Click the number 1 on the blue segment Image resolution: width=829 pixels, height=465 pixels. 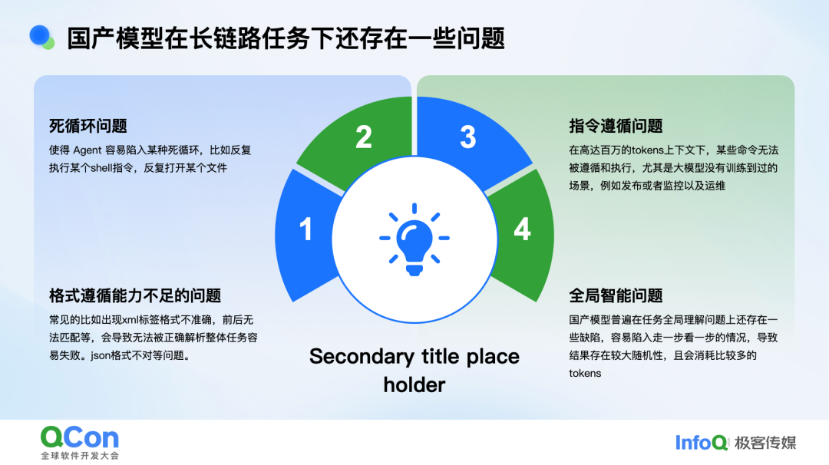pyautogui.click(x=306, y=229)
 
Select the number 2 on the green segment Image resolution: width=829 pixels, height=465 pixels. pyautogui.click(x=364, y=137)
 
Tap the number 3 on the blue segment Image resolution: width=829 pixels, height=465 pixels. pyautogui.click(x=467, y=137)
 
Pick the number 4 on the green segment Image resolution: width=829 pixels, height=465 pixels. pyautogui.click(x=522, y=229)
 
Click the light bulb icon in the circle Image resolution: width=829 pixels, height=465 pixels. pyautogui.click(x=414, y=239)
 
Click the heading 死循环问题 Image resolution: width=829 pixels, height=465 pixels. pyautogui.click(x=88, y=126)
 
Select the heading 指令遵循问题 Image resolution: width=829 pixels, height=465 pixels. pyautogui.click(x=616, y=126)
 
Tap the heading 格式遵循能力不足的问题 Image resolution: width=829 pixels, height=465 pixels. pyautogui.click(x=135, y=295)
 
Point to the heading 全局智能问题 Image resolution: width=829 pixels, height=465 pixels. pyautogui.click(x=616, y=295)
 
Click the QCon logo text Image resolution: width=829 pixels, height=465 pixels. pyautogui.click(x=80, y=438)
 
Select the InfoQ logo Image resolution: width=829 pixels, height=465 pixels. pyautogui.click(x=702, y=442)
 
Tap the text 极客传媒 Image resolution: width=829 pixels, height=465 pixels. pyautogui.click(x=765, y=442)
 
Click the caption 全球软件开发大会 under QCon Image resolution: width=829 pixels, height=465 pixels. pyautogui.click(x=80, y=456)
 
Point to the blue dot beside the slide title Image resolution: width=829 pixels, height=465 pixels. pyautogui.click(x=39, y=34)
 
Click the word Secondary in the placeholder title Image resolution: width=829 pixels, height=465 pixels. pyautogui.click(x=358, y=357)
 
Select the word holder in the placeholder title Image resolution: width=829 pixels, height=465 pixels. pyautogui.click(x=414, y=384)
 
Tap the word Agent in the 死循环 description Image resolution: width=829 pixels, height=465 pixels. pyautogui.click(x=92, y=150)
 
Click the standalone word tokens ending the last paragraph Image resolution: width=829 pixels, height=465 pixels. pyautogui.click(x=585, y=374)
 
